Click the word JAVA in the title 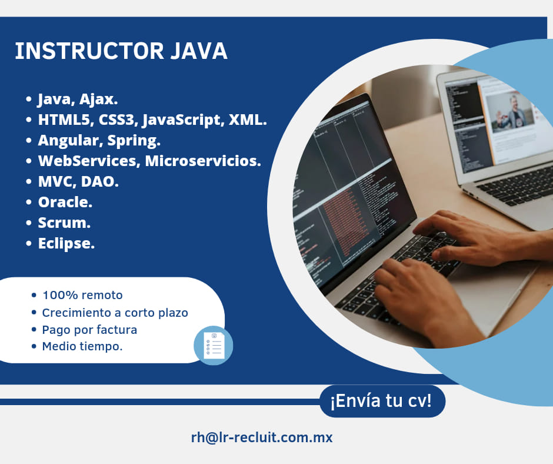coord(199,51)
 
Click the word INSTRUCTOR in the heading coord(89,51)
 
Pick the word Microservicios coord(203,161)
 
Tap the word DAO coord(100,181)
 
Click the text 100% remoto coord(82,295)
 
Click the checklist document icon coord(214,345)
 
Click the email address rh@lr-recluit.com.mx coord(262,437)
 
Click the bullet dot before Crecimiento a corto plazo coord(34,312)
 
